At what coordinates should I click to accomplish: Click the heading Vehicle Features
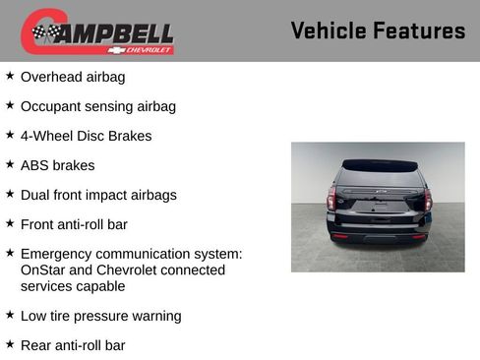(378, 30)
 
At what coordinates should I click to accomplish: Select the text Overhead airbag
(73, 77)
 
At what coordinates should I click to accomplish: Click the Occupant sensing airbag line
(98, 106)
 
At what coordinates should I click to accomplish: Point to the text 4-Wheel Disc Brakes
(86, 136)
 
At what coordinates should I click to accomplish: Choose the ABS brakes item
(57, 165)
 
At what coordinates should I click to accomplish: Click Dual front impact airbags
(98, 195)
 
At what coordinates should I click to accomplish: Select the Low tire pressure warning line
(100, 316)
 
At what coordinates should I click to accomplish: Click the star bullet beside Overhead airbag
(10, 76)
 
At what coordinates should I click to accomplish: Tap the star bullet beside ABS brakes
(10, 164)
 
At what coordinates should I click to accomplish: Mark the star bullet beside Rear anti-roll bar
(10, 344)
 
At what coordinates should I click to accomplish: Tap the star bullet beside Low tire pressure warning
(10, 315)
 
